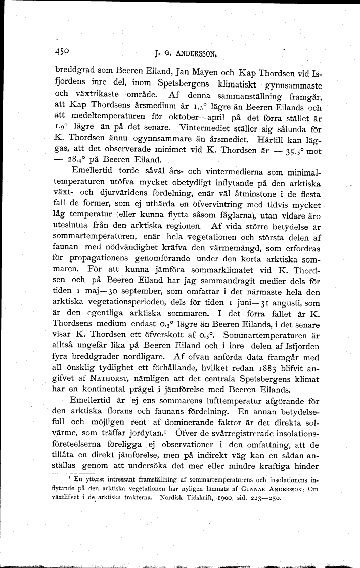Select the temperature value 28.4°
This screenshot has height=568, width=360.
pyautogui.click(x=74, y=161)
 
